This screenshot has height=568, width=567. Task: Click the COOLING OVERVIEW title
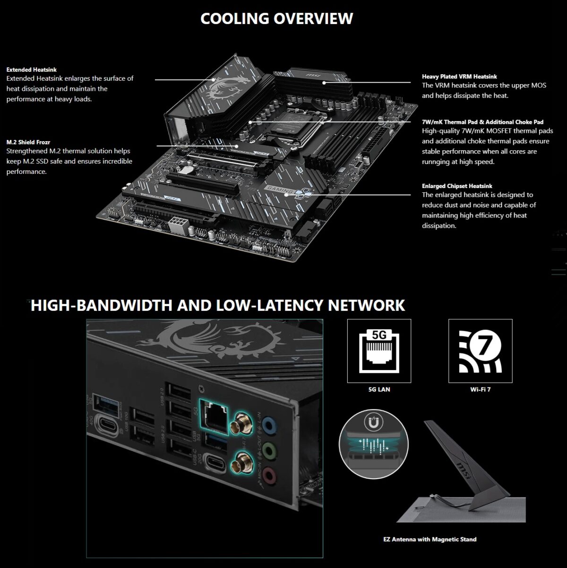(276, 18)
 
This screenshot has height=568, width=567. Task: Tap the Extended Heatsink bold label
(31, 69)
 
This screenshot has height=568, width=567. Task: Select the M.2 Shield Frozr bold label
(28, 142)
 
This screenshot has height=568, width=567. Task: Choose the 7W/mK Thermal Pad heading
(482, 122)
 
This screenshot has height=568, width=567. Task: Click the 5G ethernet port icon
(379, 350)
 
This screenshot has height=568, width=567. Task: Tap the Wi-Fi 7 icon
(480, 350)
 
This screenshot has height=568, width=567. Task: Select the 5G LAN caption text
(379, 389)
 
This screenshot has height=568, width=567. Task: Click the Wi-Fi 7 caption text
(480, 389)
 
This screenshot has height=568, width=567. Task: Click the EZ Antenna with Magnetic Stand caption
(430, 539)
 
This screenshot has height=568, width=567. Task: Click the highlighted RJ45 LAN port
(214, 416)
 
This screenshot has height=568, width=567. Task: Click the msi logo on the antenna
(464, 472)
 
